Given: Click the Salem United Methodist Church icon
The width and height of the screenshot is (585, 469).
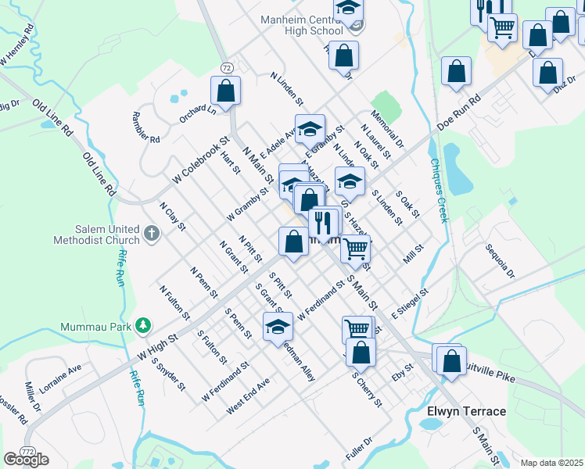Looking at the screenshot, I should point(152,233).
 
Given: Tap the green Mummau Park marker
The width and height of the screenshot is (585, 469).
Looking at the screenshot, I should point(142,324).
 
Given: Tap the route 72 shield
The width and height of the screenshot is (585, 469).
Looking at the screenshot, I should point(226,68).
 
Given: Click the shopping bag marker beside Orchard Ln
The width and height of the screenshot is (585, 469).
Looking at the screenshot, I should point(225,91).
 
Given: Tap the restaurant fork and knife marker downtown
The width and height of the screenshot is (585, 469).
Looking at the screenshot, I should point(323,223).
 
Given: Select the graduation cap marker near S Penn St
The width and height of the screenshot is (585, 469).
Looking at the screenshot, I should point(277,328).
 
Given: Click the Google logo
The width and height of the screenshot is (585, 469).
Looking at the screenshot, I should point(27,460).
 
